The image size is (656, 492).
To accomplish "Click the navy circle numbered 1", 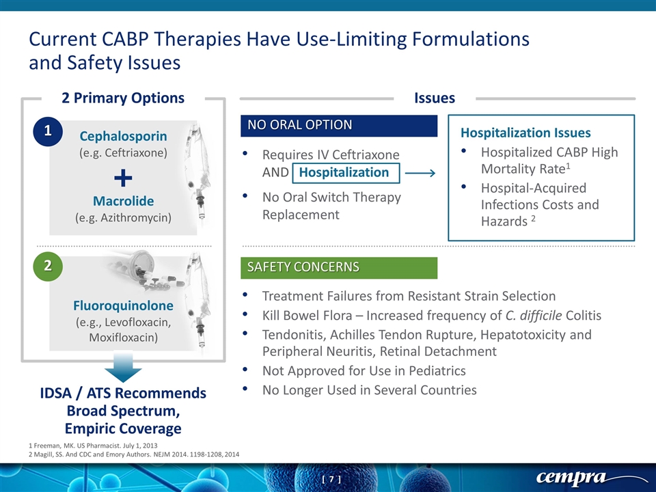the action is (x=48, y=131).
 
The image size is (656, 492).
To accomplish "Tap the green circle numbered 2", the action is (x=48, y=266).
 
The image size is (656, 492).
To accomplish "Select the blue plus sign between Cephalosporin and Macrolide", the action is (x=123, y=178).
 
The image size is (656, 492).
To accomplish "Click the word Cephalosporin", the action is (x=124, y=136).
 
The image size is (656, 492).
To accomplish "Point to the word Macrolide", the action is (x=124, y=201).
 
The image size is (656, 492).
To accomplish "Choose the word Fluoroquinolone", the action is (x=124, y=305).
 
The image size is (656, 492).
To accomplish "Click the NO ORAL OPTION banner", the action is (x=339, y=125).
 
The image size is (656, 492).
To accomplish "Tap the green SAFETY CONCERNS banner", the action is (x=339, y=267).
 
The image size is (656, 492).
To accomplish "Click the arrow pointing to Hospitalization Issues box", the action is (x=420, y=173).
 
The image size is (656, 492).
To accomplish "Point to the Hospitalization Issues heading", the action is (x=525, y=133).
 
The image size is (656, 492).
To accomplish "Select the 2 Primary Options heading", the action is (x=123, y=98).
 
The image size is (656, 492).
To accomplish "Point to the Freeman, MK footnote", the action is (x=93, y=446).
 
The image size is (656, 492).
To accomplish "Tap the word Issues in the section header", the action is (x=435, y=98).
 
